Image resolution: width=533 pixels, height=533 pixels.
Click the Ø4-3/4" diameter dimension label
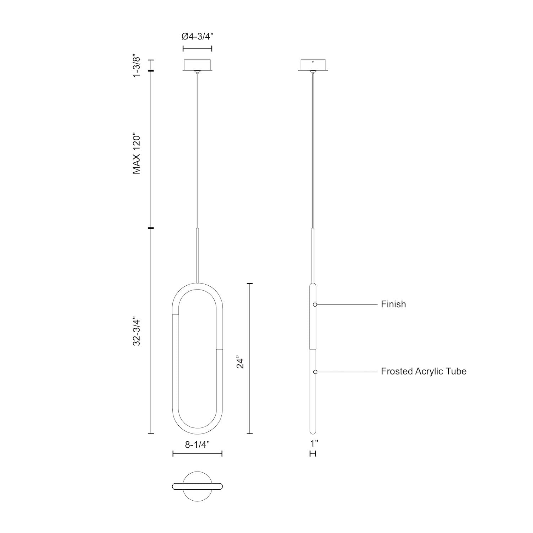click(197, 36)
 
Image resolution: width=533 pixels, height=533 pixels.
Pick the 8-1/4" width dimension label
click(198, 444)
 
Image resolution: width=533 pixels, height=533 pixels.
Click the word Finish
click(393, 304)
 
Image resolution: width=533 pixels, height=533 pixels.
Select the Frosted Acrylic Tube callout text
click(424, 371)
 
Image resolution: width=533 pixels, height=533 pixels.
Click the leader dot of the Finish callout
click(315, 305)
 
